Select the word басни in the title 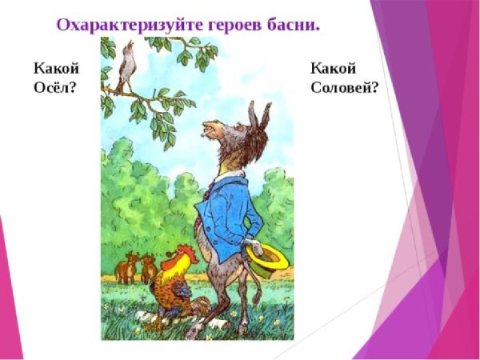[291, 24]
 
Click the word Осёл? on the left [54, 87]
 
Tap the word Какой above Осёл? [55, 69]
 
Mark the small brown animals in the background [136, 266]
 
